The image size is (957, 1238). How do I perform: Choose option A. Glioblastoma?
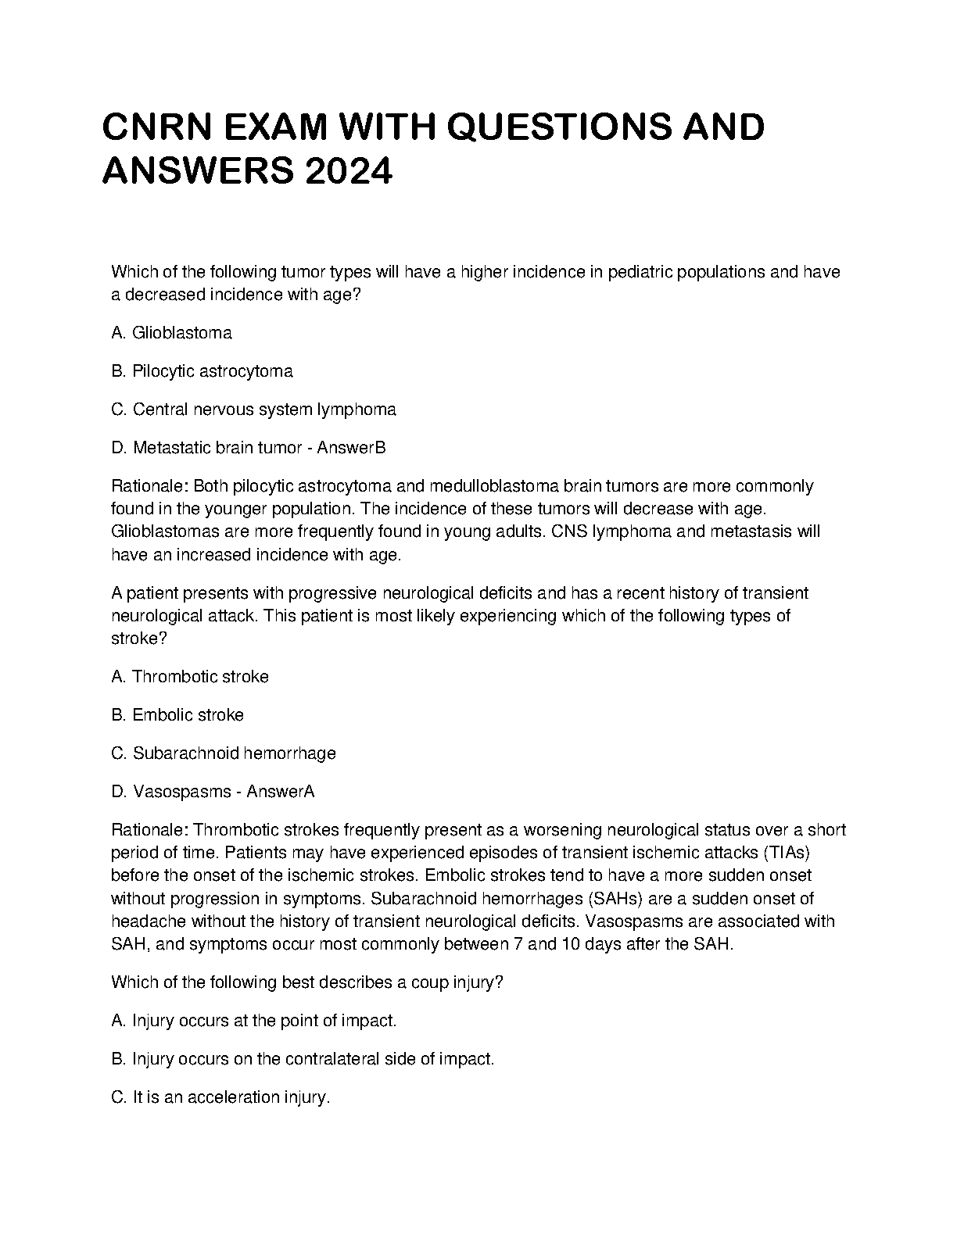(x=172, y=333)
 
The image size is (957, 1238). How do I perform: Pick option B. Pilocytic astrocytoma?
(x=203, y=371)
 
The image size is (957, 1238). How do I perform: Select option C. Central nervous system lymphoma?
(x=254, y=410)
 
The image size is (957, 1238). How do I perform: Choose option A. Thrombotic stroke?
(x=190, y=677)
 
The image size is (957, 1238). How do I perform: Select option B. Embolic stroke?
(x=178, y=715)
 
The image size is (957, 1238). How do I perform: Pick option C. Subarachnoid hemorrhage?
(x=224, y=753)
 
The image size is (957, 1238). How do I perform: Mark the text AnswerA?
(x=281, y=792)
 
